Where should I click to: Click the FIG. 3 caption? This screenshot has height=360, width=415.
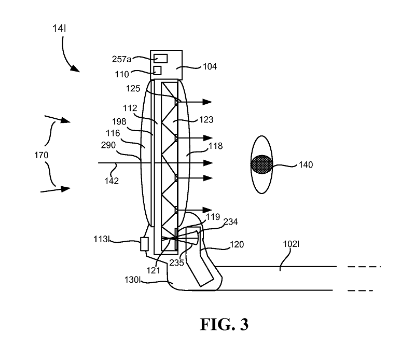coord(224,324)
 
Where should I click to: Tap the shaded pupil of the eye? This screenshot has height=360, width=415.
coord(262,164)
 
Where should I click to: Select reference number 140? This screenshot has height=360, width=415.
coord(306,164)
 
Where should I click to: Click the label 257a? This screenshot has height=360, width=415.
coord(121,59)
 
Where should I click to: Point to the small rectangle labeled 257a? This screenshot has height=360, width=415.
coord(161,59)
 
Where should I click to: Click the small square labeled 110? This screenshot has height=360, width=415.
coord(158,71)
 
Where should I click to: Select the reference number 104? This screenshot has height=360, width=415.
coord(210,66)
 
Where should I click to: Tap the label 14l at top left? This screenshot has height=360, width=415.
coord(59,29)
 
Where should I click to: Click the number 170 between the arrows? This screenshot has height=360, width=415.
coord(41,155)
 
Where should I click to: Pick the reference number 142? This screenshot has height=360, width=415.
coord(112,181)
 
